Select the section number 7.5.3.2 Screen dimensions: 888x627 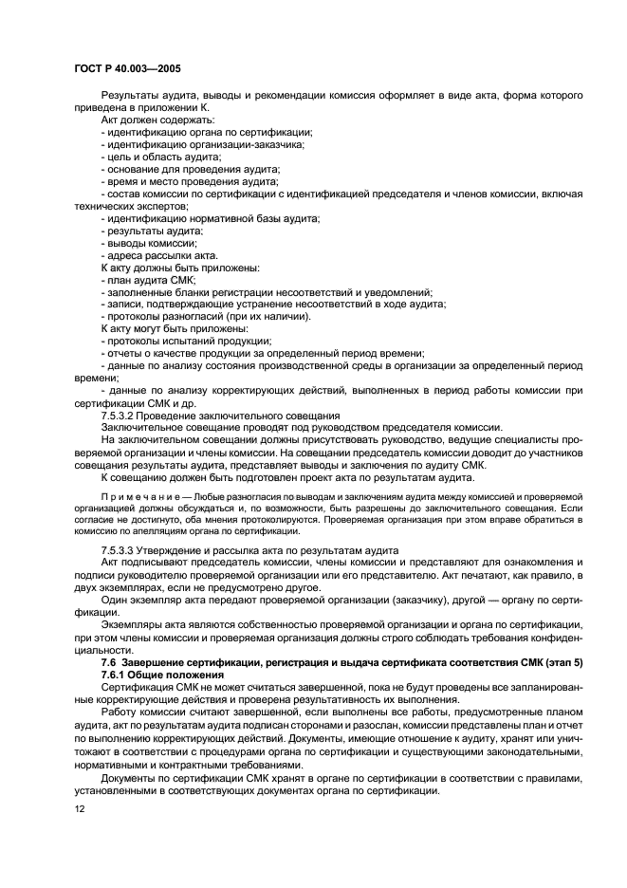[x=119, y=416]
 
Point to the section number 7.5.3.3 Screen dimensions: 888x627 [x=119, y=551]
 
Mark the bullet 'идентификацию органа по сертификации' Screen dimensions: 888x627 [x=209, y=132]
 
